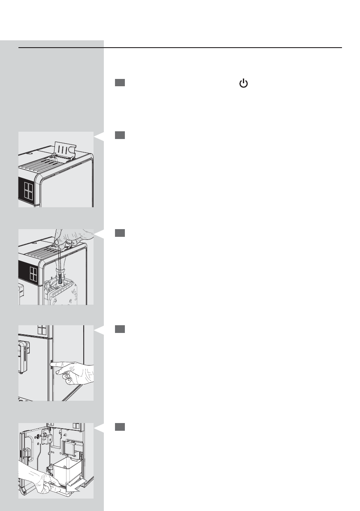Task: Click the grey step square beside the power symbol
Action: coord(120,83)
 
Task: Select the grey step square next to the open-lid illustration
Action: coord(120,135)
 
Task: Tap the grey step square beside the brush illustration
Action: coord(120,233)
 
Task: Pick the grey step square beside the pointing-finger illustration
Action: coord(120,329)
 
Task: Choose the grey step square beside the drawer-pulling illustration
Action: coord(120,427)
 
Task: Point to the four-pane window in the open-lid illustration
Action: coord(29,189)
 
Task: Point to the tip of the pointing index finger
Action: coord(52,365)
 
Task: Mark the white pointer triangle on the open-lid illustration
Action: coord(99,137)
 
